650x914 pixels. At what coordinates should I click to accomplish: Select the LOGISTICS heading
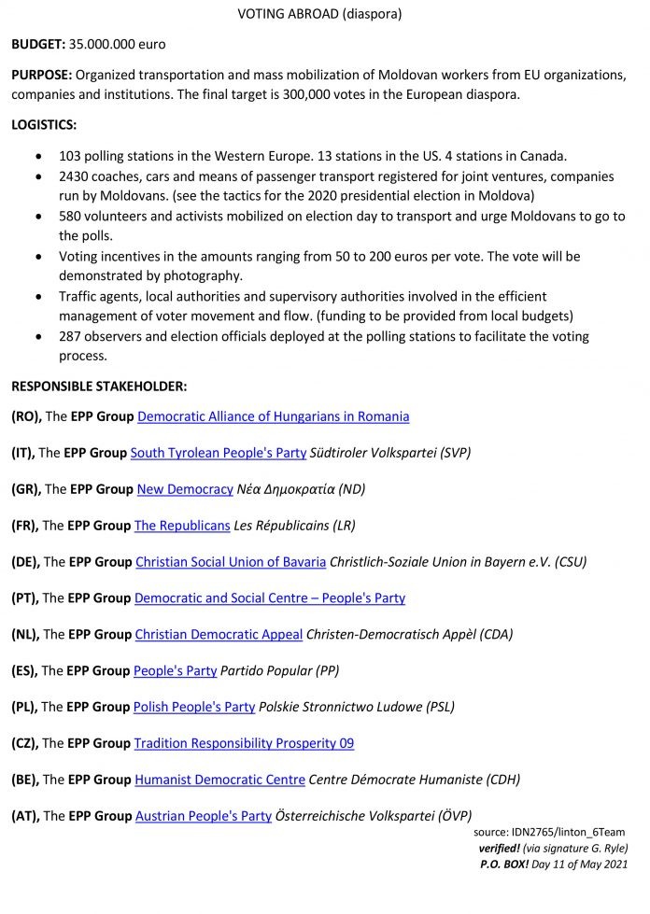pos(44,124)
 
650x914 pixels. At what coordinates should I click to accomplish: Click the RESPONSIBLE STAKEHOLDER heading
pos(99,385)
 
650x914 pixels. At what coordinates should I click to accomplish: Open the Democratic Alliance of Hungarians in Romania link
pos(273,416)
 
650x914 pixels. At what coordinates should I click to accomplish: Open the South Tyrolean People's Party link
pos(218,453)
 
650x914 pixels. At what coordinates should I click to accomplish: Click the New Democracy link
pos(184,489)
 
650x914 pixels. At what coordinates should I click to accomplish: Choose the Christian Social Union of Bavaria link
pos(230,562)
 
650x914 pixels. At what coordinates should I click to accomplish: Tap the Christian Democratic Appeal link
pos(219,634)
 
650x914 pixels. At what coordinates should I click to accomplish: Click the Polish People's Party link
pos(194,707)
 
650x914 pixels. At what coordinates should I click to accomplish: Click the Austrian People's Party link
pos(202,816)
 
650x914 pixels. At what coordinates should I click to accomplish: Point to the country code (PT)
pos(25,598)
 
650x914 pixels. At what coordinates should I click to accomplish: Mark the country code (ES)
pos(24,670)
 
